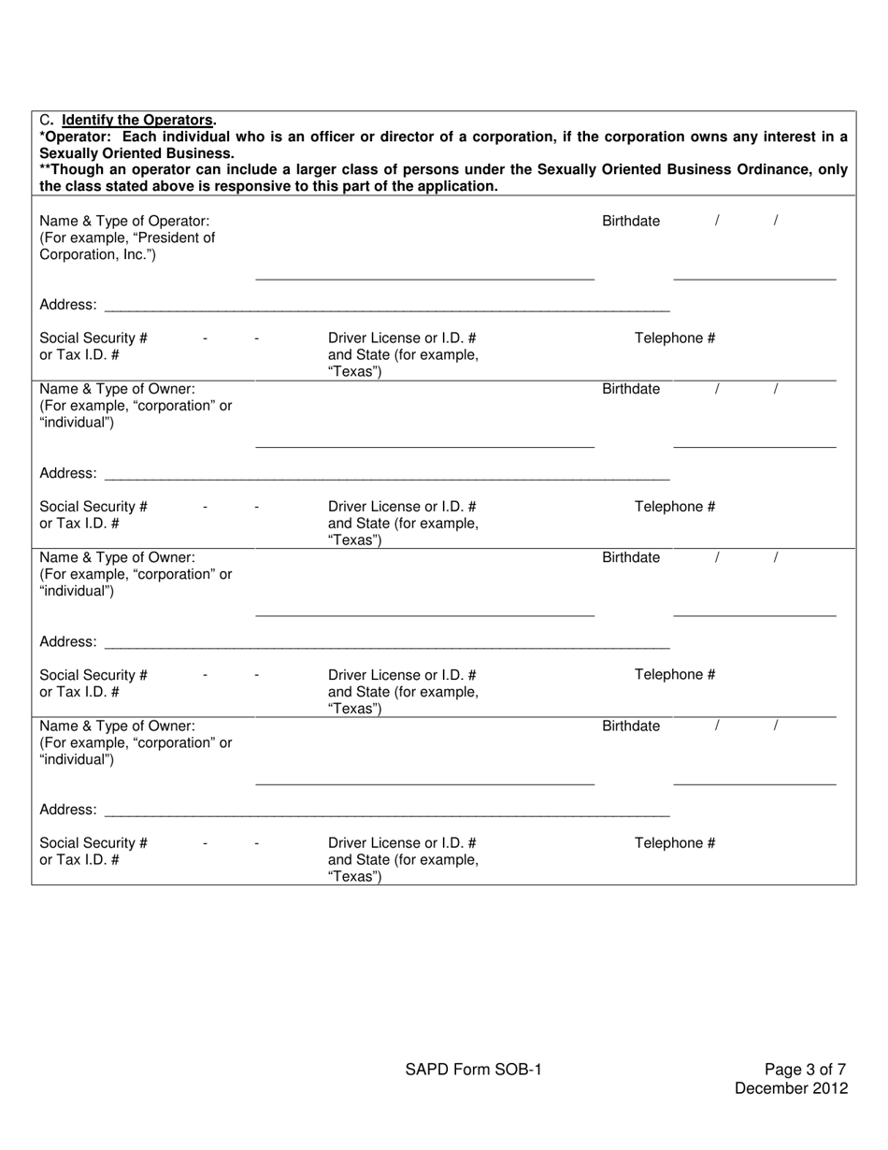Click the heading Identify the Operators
(x=137, y=120)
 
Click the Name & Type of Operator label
(x=124, y=221)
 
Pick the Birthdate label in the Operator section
(x=631, y=221)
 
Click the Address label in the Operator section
(x=67, y=305)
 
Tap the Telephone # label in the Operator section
(x=675, y=338)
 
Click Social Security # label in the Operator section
(x=93, y=338)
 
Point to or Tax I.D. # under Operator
(x=79, y=355)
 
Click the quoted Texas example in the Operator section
(x=354, y=372)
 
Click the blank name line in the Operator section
(x=424, y=278)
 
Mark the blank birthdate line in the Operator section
(x=754, y=278)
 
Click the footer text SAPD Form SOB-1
(x=473, y=1070)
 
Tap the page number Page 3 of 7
(x=806, y=1070)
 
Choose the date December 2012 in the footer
(x=791, y=1087)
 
